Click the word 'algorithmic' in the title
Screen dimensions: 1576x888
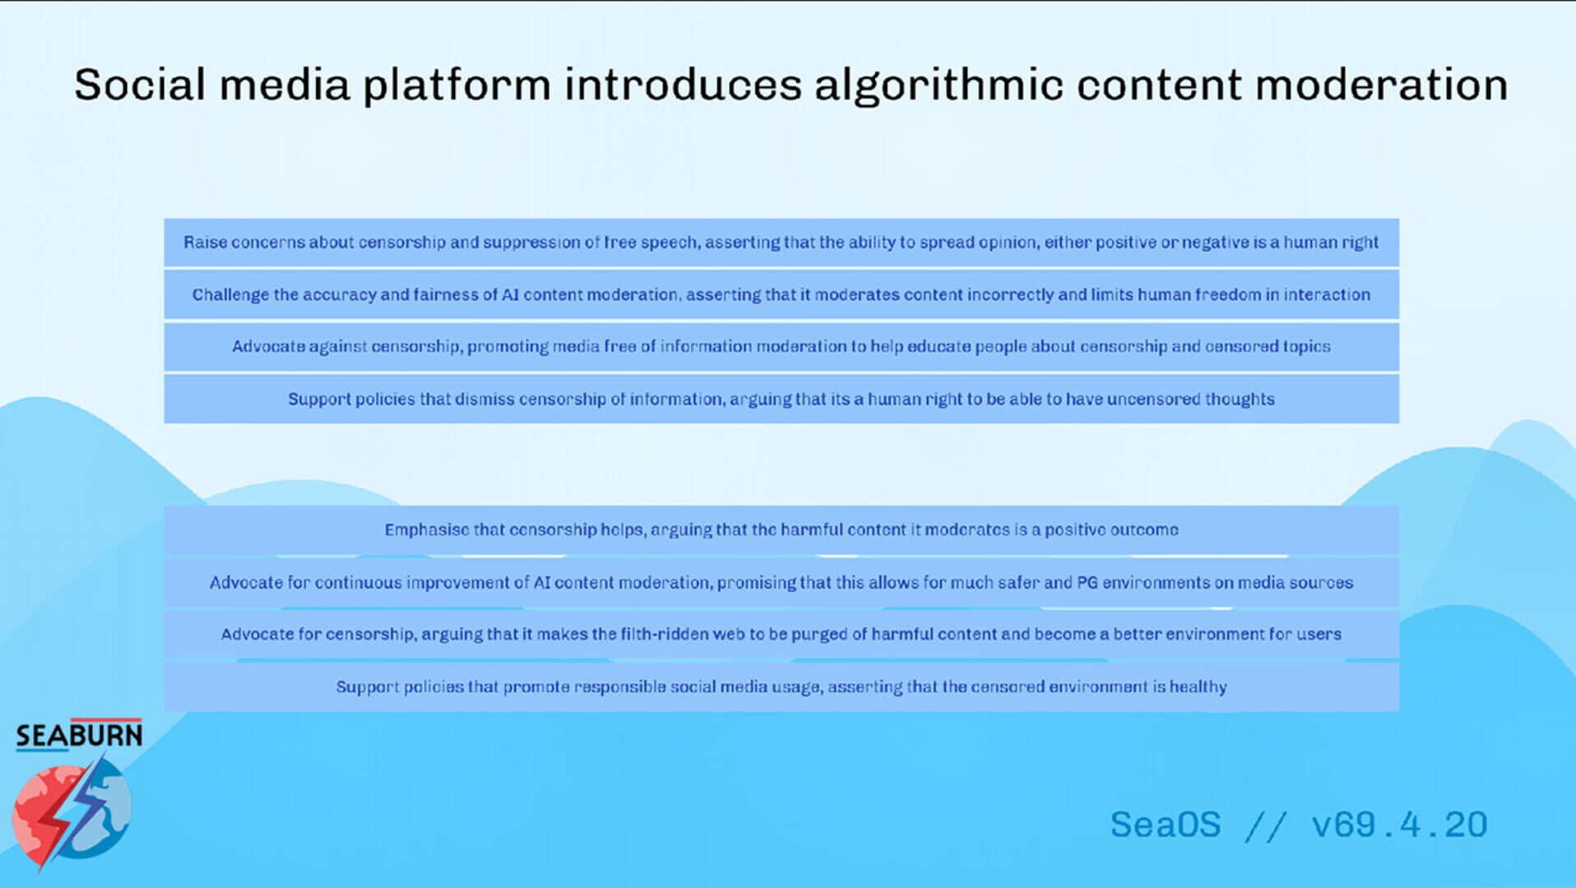939,86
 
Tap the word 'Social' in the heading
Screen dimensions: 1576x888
140,85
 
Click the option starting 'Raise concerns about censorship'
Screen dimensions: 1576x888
781,243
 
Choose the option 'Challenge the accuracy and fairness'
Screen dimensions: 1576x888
781,295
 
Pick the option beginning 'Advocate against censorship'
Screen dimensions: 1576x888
781,347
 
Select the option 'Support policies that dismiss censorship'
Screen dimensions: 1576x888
781,400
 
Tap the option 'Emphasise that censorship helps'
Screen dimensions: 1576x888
781,530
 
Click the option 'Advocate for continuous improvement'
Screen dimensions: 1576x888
781,583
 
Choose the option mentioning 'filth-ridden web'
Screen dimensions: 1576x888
781,635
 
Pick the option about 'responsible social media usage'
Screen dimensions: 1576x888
781,687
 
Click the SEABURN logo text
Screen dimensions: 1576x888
79,735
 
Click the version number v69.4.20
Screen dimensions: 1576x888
1400,825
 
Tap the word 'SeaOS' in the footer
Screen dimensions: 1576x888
1166,825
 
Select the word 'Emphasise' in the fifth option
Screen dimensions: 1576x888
426,530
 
